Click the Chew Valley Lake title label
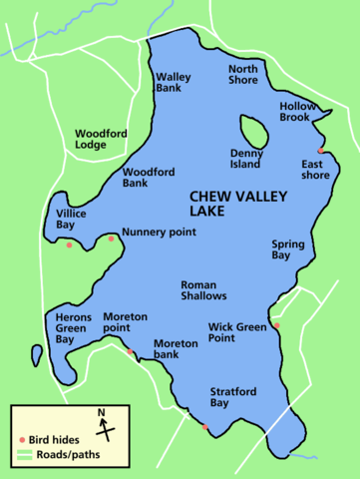click(236, 205)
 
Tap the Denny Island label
click(245, 159)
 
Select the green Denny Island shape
click(252, 131)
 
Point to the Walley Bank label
click(174, 82)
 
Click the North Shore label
click(243, 75)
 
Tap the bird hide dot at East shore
click(320, 151)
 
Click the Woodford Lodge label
click(97, 138)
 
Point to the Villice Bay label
click(72, 219)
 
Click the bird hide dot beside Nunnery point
click(111, 238)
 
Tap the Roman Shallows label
click(203, 289)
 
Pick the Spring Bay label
click(288, 249)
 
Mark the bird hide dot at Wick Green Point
click(276, 325)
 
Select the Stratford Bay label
click(232, 397)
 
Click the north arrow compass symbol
click(103, 427)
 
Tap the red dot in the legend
click(21, 440)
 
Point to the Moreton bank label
click(176, 349)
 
